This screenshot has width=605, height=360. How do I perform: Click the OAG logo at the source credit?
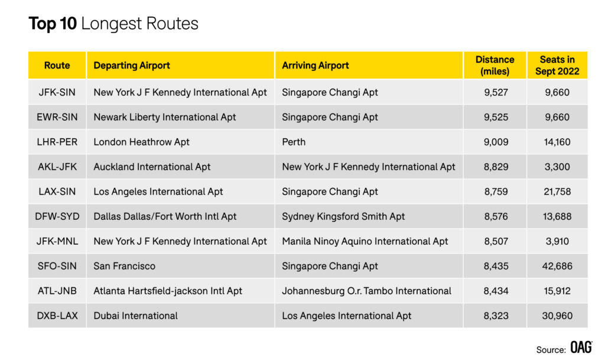coord(581,347)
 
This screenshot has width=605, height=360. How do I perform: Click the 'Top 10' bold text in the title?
coord(53,24)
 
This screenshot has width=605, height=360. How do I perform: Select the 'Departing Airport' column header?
coord(132,66)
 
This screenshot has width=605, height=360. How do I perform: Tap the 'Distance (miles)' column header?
coord(495,66)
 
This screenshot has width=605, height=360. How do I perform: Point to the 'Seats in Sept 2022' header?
coord(557,66)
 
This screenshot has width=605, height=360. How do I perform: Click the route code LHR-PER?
coord(57,142)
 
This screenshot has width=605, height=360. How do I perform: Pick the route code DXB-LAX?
coord(57,316)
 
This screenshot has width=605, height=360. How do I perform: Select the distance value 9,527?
coord(496,93)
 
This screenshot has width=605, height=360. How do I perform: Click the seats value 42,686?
coord(557,266)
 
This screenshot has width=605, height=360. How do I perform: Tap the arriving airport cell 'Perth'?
coord(294,142)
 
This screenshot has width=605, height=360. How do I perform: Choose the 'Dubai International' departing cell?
coord(135,316)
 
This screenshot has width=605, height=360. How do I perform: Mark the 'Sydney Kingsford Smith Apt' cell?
coord(343,216)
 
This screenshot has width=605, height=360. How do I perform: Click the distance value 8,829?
coord(496,167)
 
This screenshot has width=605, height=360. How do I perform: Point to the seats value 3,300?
coord(557,167)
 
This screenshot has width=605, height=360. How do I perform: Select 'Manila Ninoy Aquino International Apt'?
coord(365,242)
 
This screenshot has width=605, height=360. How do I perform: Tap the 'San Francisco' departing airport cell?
coord(124,266)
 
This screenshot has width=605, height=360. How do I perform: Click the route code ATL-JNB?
coord(57,291)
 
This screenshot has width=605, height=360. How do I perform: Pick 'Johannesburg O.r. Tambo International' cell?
coord(366,291)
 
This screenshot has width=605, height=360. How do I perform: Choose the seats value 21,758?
coord(557,192)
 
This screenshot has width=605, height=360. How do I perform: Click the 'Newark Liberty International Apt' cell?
coord(165,117)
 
